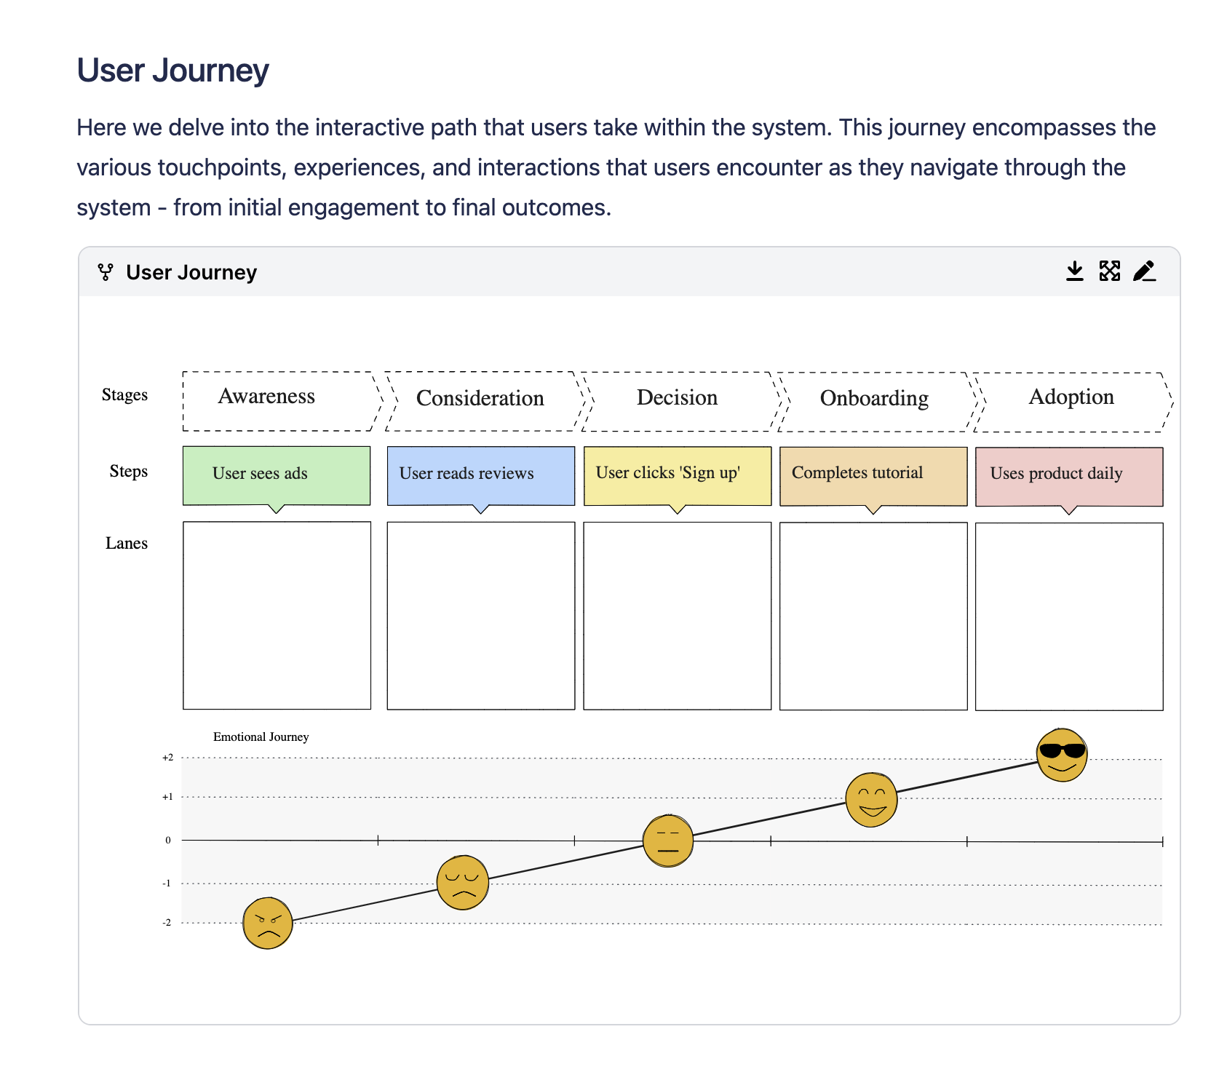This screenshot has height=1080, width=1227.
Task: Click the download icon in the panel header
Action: click(x=1074, y=271)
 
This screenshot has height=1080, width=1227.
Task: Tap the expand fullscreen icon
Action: click(x=1109, y=271)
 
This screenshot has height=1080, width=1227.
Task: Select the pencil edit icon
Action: click(x=1144, y=271)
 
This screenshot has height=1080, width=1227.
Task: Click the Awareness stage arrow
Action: click(x=280, y=401)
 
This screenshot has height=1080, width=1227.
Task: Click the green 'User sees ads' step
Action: click(x=277, y=475)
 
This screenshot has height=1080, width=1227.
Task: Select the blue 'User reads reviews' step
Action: click(x=480, y=475)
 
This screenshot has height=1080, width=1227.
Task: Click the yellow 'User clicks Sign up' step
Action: click(x=677, y=475)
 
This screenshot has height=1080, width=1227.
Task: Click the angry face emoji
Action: click(x=267, y=923)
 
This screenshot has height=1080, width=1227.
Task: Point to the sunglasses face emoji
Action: click(x=1062, y=755)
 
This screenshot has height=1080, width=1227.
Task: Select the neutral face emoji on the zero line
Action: click(x=668, y=841)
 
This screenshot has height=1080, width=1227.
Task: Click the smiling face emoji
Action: click(x=871, y=800)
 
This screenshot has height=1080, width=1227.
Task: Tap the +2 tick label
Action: click(x=168, y=758)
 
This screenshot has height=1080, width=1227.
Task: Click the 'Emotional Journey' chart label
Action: click(x=261, y=736)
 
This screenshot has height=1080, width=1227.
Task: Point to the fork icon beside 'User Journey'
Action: click(x=106, y=272)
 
